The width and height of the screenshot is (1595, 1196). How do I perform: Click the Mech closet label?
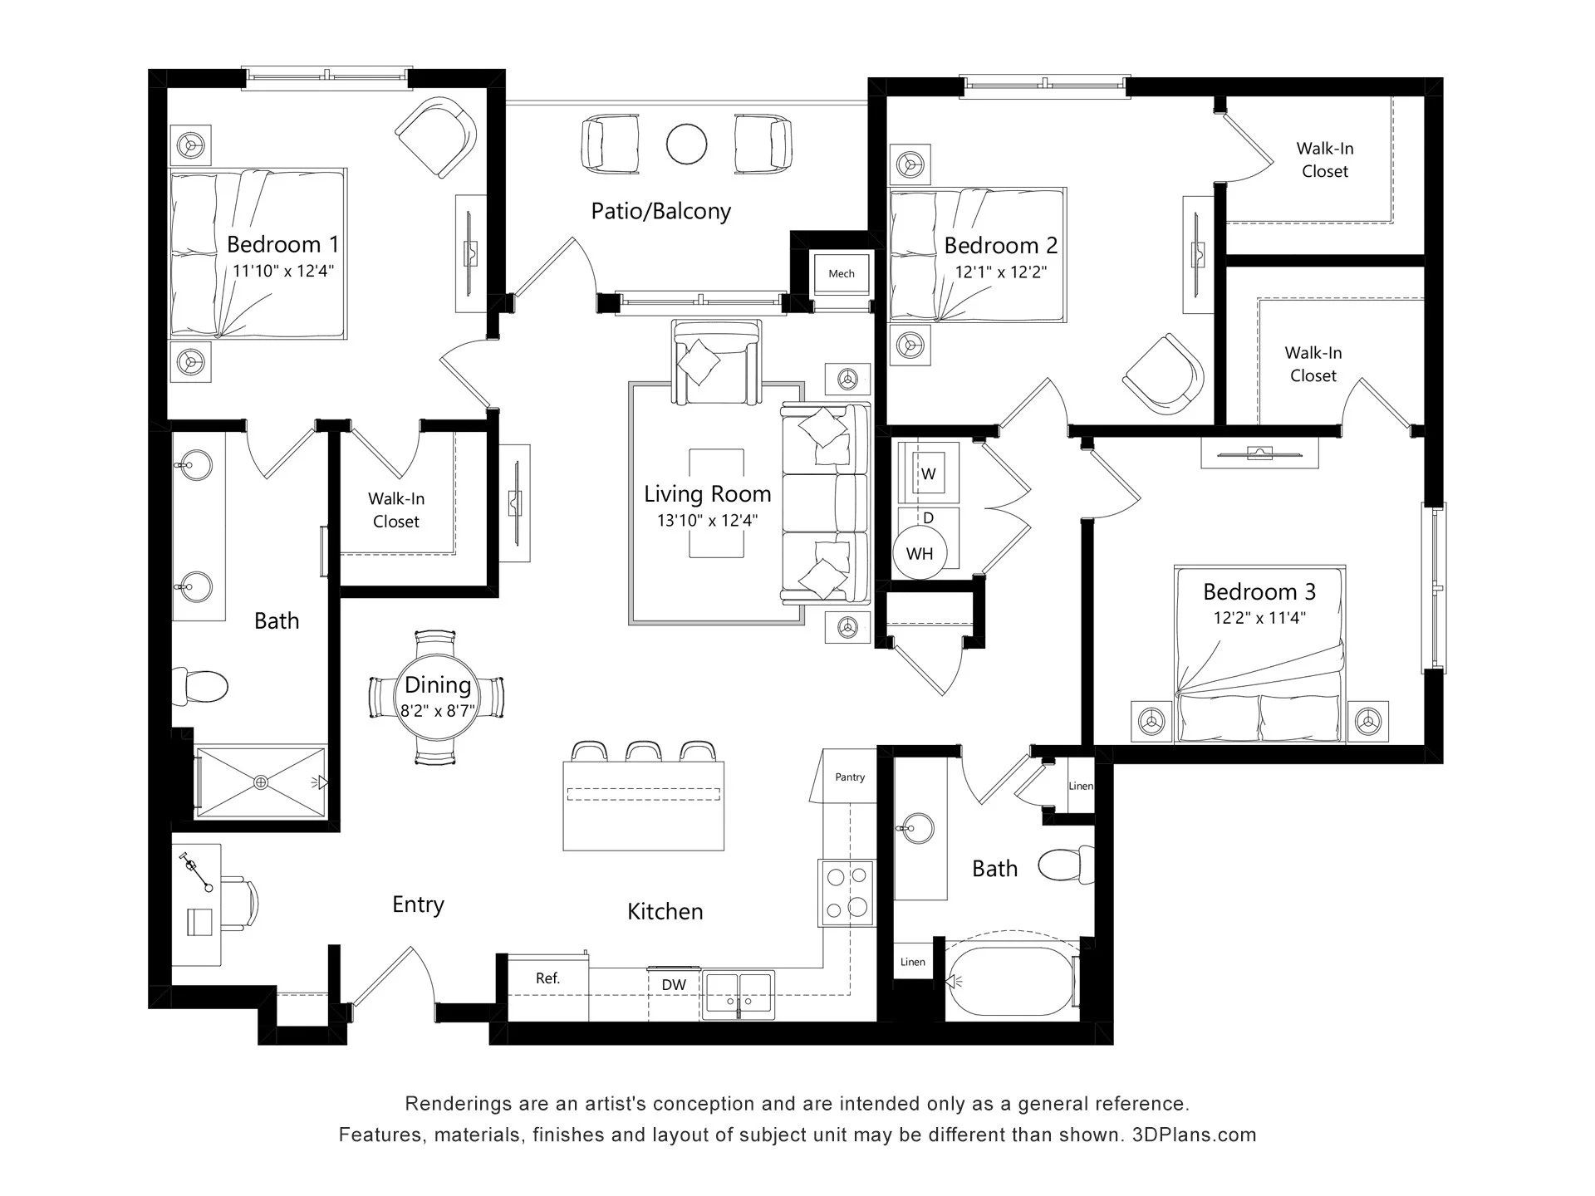pyautogui.click(x=841, y=273)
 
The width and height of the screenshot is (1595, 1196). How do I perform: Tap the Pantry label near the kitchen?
pyautogui.click(x=850, y=777)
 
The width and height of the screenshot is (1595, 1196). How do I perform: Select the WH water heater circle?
pyautogui.click(x=919, y=553)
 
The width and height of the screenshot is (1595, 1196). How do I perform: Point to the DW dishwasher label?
pyautogui.click(x=674, y=985)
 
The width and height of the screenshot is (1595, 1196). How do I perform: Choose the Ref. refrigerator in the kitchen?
pyautogui.click(x=547, y=988)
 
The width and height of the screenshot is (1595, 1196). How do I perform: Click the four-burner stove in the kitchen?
pyautogui.click(x=847, y=892)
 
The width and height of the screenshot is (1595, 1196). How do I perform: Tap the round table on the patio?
pyautogui.click(x=686, y=145)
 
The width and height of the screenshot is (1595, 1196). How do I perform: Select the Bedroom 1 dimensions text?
pyautogui.click(x=283, y=271)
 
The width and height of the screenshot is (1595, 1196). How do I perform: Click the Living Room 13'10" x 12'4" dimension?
pyautogui.click(x=708, y=521)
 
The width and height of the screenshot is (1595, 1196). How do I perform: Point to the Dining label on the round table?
pyautogui.click(x=438, y=684)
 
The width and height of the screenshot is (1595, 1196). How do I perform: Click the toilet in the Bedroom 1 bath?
pyautogui.click(x=200, y=687)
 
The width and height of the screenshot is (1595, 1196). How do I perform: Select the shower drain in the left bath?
pyautogui.click(x=261, y=782)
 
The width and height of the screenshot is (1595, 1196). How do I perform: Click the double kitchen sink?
pyautogui.click(x=739, y=995)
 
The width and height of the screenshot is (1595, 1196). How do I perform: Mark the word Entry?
pyautogui.click(x=418, y=904)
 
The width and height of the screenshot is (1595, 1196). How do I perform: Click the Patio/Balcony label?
pyautogui.click(x=660, y=211)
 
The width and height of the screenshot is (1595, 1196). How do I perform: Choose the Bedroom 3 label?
pyautogui.click(x=1259, y=591)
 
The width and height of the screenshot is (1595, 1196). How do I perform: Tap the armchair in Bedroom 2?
pyautogui.click(x=1163, y=374)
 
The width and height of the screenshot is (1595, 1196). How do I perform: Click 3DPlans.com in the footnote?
pyautogui.click(x=1194, y=1135)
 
